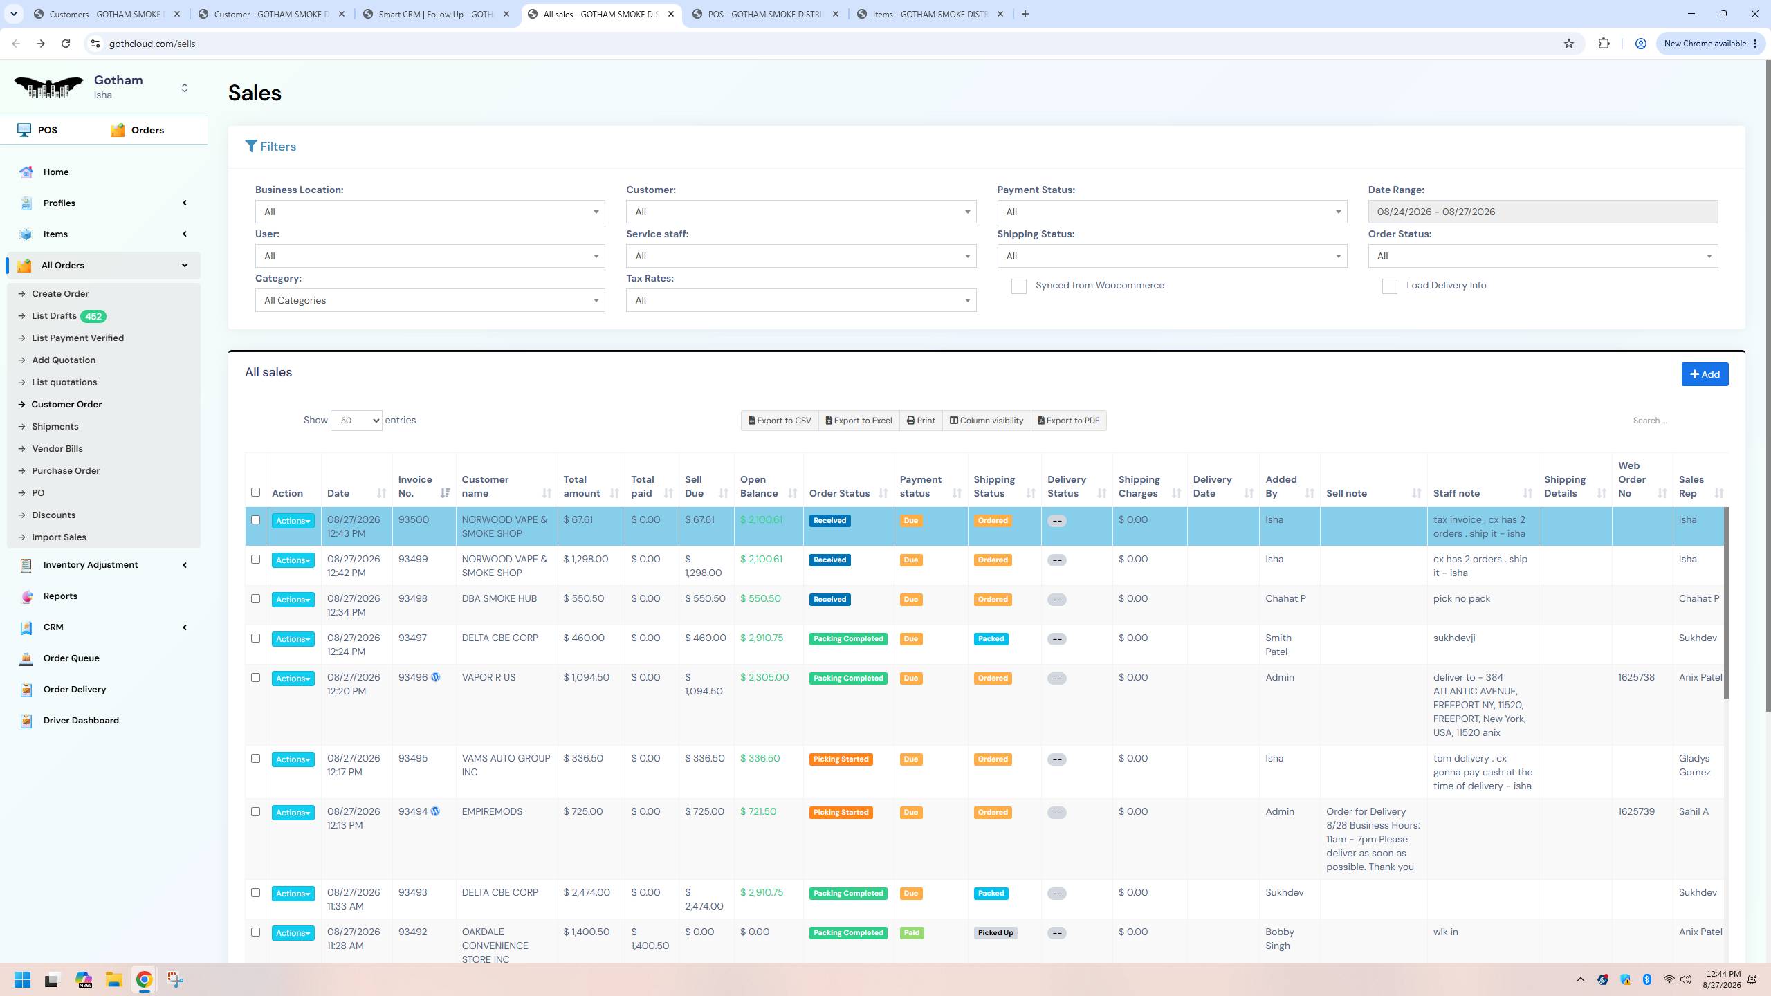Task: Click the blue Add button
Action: click(1705, 374)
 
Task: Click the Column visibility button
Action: click(987, 421)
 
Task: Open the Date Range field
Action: click(1542, 212)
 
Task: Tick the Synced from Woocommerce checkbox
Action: click(1018, 286)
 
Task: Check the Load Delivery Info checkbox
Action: click(1389, 286)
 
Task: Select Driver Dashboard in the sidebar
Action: click(81, 721)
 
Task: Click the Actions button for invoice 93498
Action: click(293, 600)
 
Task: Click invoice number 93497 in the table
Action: click(412, 638)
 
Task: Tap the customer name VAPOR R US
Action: click(488, 678)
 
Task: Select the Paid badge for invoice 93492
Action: click(912, 933)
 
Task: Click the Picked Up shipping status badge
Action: click(995, 933)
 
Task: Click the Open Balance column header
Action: click(759, 486)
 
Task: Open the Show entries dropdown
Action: click(356, 421)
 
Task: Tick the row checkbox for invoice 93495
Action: click(255, 759)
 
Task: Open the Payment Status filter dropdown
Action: click(1172, 212)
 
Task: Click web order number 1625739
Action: click(1636, 812)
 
